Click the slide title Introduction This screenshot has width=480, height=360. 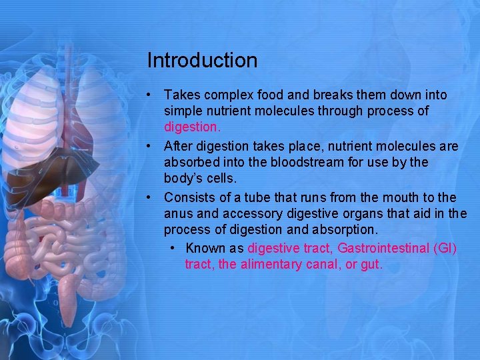(202, 61)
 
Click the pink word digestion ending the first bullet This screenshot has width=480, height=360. (191, 127)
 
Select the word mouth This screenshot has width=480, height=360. (411, 197)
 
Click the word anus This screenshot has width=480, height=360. (178, 213)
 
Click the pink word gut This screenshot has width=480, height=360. (369, 265)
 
